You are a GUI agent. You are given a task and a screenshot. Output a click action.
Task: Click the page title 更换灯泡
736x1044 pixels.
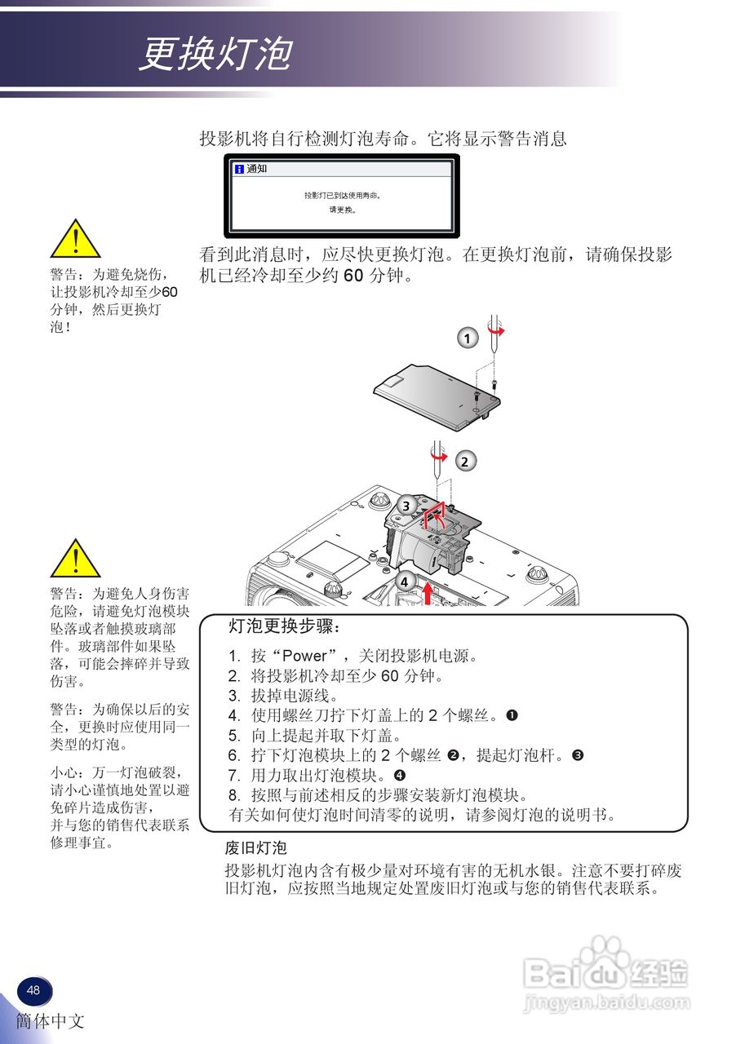[215, 55]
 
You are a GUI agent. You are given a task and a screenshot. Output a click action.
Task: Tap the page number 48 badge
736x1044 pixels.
[33, 990]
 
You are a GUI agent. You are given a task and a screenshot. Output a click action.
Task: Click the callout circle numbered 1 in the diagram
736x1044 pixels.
[467, 338]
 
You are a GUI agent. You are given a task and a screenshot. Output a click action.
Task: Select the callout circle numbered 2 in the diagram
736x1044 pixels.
[464, 462]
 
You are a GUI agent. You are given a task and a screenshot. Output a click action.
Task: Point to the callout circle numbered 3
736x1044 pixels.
[406, 506]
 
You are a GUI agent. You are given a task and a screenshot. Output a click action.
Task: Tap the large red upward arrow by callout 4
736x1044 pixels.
[428, 592]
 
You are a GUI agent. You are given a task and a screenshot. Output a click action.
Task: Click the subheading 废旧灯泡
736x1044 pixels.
[255, 848]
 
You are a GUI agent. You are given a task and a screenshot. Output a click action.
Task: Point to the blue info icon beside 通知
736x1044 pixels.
[238, 170]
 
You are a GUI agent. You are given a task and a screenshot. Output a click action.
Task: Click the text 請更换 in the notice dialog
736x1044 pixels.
[342, 210]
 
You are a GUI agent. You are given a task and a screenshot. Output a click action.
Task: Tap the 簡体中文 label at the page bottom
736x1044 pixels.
[50, 1021]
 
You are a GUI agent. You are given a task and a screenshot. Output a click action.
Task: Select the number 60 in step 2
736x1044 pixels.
[389, 676]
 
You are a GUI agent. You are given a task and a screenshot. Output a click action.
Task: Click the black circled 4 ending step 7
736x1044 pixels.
[400, 774]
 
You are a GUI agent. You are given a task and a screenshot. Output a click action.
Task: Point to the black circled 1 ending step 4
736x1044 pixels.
[512, 715]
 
